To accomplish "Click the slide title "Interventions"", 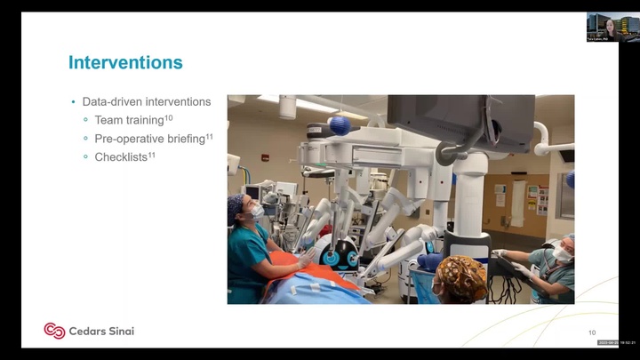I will (x=125, y=62).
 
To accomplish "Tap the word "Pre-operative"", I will (x=129, y=139).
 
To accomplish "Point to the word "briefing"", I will (x=184, y=139).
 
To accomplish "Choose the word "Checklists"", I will (x=120, y=157).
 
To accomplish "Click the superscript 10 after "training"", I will (x=169, y=117).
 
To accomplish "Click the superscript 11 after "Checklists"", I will (x=151, y=155).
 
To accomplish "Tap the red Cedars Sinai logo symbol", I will (x=54, y=331).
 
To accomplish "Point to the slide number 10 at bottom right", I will (x=592, y=332).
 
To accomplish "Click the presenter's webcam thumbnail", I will (x=612, y=27).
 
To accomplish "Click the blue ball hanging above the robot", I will (x=339, y=125).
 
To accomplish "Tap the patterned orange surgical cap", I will (x=461, y=276).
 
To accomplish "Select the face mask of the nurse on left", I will (x=257, y=212).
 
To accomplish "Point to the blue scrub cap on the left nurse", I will (x=236, y=207).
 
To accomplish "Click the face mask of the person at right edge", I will (x=562, y=254).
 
